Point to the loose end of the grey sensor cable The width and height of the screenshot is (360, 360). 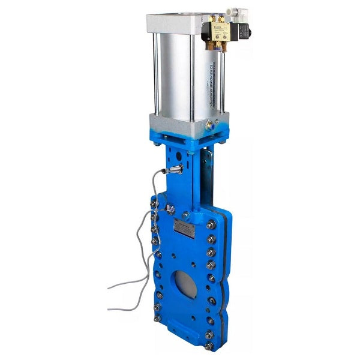click(109, 284)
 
